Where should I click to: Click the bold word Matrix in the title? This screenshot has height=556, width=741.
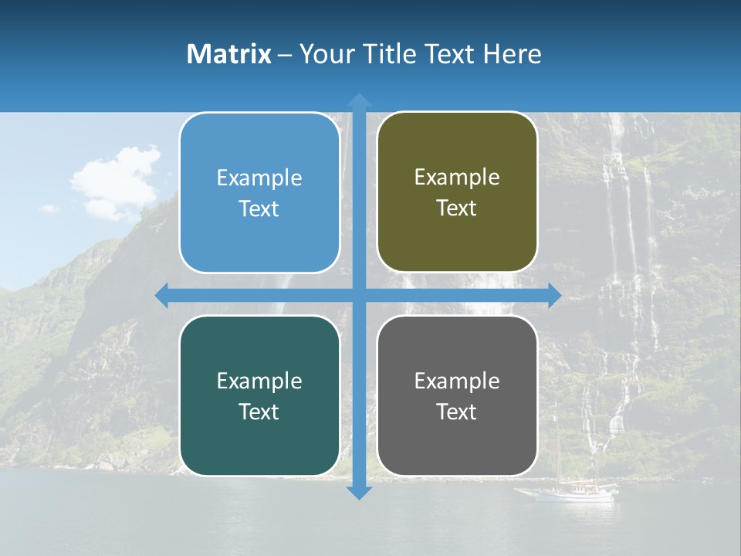coord(229,54)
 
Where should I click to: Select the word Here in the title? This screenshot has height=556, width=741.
coord(513,54)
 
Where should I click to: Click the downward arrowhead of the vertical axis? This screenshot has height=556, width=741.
coord(358,492)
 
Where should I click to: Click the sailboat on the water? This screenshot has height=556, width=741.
coord(567,491)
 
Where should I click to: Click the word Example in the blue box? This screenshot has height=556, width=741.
coord(259,178)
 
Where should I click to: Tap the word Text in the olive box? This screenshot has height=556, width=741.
coord(457,208)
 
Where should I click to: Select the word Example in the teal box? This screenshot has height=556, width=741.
coord(259,381)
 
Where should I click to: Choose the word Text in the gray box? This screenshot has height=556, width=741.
coord(457,412)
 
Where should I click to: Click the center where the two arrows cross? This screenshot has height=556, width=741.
coord(358,295)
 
